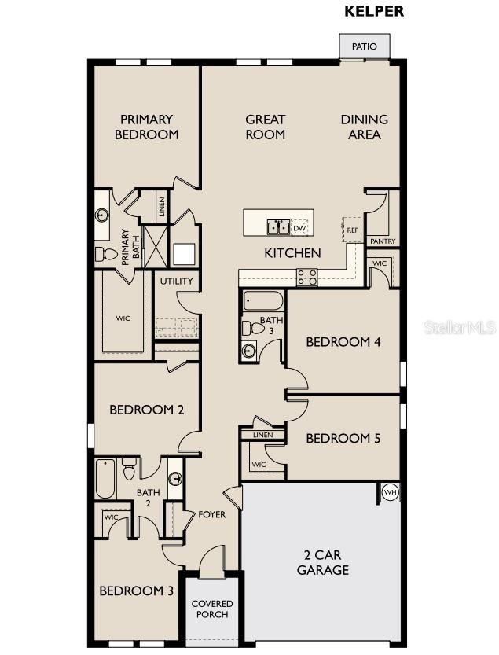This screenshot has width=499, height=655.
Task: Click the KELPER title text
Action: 375,12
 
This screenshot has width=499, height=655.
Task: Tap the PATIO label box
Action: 364,46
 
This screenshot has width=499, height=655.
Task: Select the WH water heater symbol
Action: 390,493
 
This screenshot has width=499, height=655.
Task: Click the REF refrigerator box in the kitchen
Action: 352,230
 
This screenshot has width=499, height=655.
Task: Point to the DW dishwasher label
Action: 299,229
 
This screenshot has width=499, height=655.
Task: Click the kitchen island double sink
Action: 277,228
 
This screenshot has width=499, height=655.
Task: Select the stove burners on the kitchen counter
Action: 306,277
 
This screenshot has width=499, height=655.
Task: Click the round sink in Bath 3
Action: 249,351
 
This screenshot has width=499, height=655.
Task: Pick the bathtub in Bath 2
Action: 106,479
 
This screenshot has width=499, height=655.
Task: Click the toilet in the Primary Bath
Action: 106,254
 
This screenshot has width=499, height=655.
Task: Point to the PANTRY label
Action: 383,241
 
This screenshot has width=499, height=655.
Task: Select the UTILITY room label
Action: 177,281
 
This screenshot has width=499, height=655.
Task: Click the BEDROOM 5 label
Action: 343,438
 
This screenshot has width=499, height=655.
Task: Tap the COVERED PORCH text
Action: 212,609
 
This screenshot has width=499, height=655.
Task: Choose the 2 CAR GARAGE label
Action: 322,562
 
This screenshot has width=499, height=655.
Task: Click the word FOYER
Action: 211,515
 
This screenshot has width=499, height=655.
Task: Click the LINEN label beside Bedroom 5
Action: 262,435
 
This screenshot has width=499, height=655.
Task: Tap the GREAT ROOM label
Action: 265,127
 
